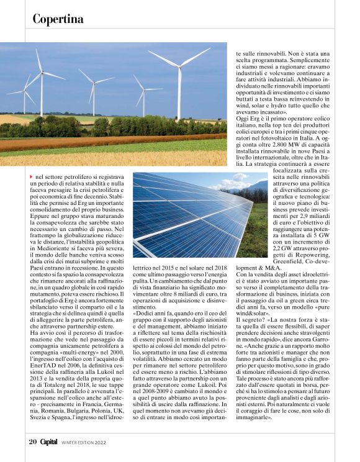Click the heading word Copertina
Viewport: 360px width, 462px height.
click(x=58, y=19)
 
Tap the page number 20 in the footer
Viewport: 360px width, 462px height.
click(x=33, y=442)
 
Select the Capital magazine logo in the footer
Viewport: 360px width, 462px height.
click(x=49, y=442)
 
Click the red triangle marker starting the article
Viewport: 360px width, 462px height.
click(x=32, y=178)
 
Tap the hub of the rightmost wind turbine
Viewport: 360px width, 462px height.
click(x=179, y=65)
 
